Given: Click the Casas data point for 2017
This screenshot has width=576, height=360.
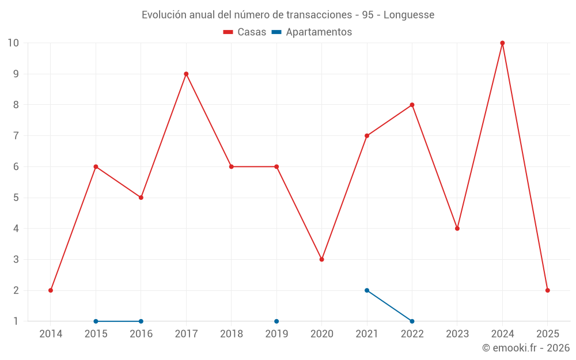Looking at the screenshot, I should click(x=186, y=74).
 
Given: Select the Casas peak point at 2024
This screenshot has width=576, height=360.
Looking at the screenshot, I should click(x=502, y=43).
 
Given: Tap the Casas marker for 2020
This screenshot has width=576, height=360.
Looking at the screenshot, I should click(x=321, y=259).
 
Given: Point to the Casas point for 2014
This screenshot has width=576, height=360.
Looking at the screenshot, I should click(x=51, y=290).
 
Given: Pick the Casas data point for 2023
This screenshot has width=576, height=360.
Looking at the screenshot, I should click(x=457, y=229).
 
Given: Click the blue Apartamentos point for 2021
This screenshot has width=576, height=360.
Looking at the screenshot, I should click(x=367, y=290).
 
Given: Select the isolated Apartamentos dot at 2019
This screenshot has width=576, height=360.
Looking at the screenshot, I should click(x=276, y=321).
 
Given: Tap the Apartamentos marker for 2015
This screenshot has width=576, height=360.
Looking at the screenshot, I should click(x=96, y=321).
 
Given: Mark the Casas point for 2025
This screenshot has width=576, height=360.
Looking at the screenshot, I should click(x=548, y=290).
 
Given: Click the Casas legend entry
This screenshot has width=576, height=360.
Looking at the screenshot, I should click(x=245, y=32).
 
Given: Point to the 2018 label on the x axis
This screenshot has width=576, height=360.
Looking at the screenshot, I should click(x=232, y=334).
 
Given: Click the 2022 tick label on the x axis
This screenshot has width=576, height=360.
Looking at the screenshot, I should click(x=412, y=334).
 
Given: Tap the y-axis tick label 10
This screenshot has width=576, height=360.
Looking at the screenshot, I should click(x=13, y=43).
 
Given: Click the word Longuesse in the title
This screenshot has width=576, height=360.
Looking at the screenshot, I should click(x=408, y=14).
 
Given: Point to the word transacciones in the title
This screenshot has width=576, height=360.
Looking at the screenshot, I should click(x=313, y=14).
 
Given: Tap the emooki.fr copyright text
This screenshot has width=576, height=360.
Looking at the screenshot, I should click(x=526, y=348).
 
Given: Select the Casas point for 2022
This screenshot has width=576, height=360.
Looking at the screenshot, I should click(x=412, y=105).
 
